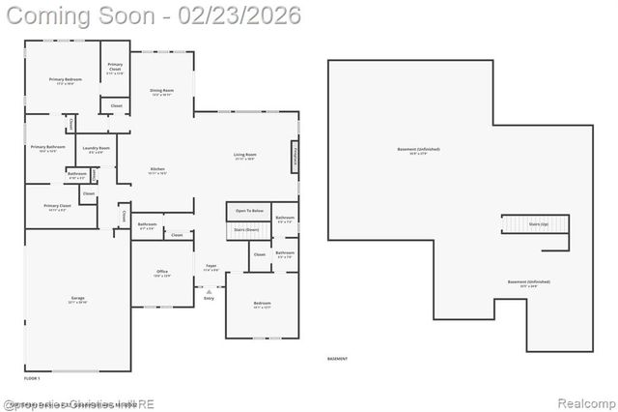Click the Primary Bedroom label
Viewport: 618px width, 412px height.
pyautogui.click(x=66, y=80)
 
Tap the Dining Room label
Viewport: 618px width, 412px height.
pyautogui.click(x=161, y=92)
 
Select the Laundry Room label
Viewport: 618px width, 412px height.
pyautogui.click(x=98, y=150)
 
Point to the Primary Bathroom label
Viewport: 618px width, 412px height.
pyautogui.click(x=47, y=149)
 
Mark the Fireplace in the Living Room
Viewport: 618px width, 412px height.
pyautogui.click(x=295, y=157)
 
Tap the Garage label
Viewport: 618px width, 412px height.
pyautogui.click(x=77, y=300)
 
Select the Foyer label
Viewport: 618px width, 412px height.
pyautogui.click(x=211, y=267)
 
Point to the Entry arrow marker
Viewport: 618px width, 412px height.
pyautogui.click(x=209, y=291)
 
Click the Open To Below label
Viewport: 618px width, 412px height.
pyautogui.click(x=249, y=210)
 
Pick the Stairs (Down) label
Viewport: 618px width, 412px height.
pyautogui.click(x=246, y=230)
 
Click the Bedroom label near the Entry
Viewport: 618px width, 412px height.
pyautogui.click(x=262, y=305)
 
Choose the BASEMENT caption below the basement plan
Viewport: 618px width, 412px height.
pyautogui.click(x=337, y=359)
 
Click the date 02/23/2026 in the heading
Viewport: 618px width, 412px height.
pyautogui.click(x=229, y=15)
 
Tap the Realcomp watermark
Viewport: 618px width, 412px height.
pyautogui.click(x=583, y=402)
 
